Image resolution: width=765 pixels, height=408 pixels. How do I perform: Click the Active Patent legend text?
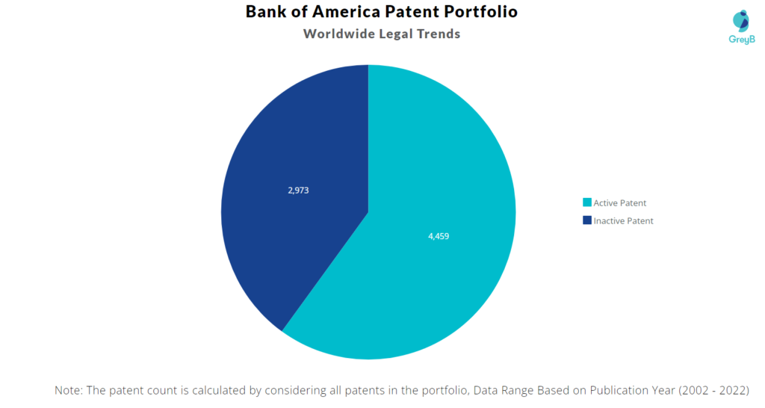pos(620,203)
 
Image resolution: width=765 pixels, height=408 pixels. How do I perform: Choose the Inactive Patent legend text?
pos(623,220)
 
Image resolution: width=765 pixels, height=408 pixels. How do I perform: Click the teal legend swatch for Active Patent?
pos(587,203)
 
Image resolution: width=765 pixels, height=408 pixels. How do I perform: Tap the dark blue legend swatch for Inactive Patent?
pos(587,220)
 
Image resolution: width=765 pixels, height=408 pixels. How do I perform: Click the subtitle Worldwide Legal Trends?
pos(381,34)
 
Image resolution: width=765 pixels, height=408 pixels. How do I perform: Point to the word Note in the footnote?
pos(69,390)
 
